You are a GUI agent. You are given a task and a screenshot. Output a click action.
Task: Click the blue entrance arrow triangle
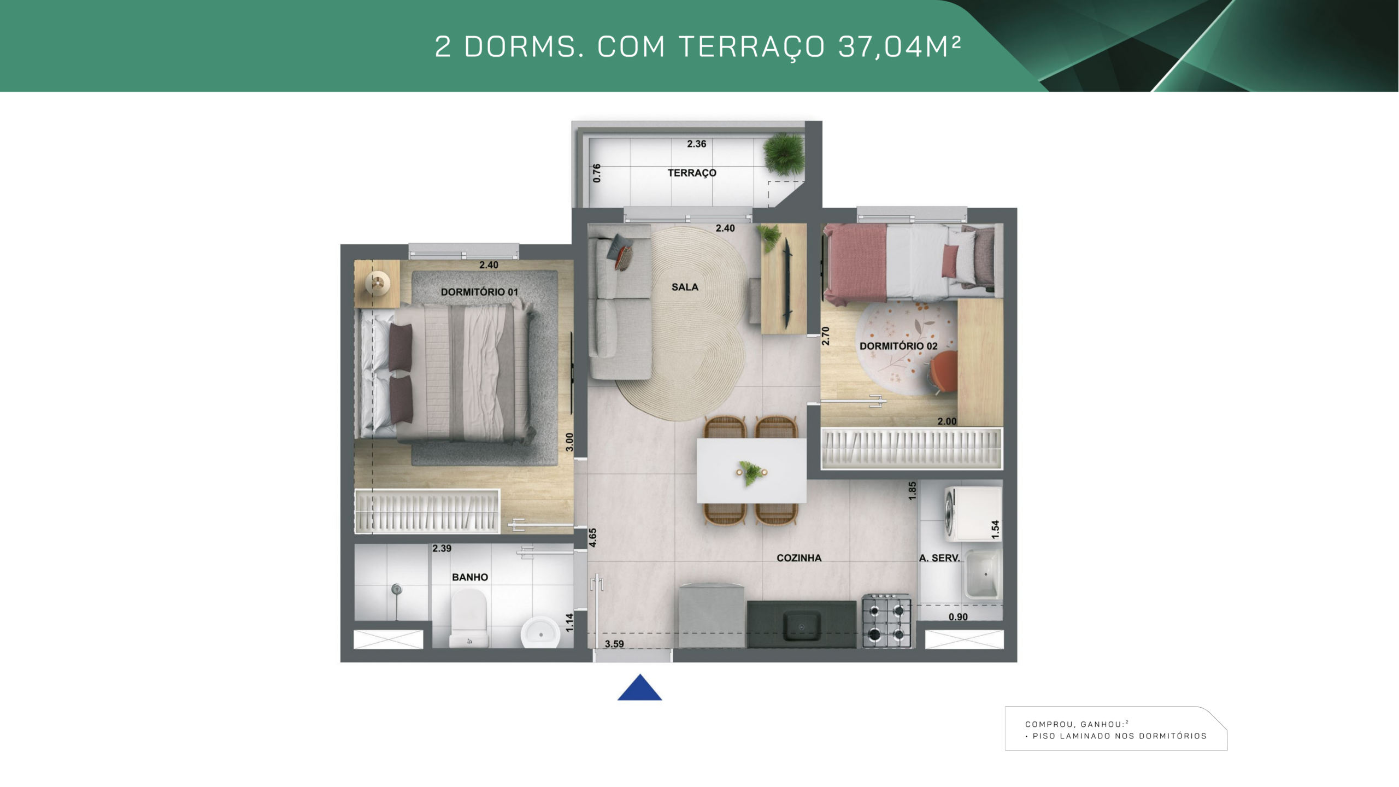(x=639, y=689)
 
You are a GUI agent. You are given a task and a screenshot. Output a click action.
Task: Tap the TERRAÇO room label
(x=692, y=173)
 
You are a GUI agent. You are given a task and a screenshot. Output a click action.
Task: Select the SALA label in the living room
(x=685, y=287)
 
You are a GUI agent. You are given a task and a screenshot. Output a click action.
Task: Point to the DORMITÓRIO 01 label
(x=479, y=292)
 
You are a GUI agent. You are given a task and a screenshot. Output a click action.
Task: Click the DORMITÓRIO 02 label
(x=898, y=346)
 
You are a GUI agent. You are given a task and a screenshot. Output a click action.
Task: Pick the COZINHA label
(x=799, y=558)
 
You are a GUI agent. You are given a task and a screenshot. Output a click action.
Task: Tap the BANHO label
(x=470, y=577)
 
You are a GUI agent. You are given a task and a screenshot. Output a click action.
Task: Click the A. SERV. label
(x=939, y=558)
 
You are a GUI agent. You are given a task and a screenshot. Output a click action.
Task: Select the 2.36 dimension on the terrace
(x=697, y=144)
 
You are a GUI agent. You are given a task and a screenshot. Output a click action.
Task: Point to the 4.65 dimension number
(x=593, y=538)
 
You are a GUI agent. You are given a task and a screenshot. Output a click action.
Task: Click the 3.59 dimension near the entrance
(x=614, y=644)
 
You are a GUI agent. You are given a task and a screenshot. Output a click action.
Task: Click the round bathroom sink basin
(x=540, y=633)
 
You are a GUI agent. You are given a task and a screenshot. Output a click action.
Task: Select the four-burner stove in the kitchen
(x=886, y=621)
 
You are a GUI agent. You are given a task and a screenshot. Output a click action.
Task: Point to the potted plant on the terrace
(x=784, y=154)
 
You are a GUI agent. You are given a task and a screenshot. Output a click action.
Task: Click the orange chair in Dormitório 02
(x=944, y=372)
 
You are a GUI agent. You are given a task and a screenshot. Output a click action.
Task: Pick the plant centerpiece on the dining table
(x=751, y=472)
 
